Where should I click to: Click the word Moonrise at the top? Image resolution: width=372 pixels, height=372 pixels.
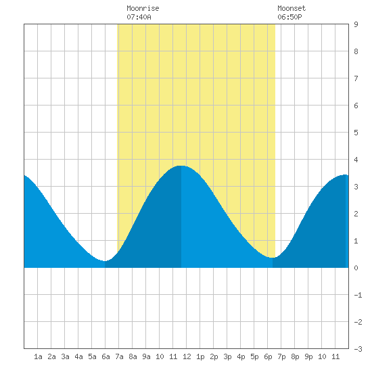(x=143, y=8)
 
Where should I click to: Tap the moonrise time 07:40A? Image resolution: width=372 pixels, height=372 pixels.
(x=139, y=17)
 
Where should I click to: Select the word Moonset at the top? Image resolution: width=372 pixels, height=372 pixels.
(x=292, y=8)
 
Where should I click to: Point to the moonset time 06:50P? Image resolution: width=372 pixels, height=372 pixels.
(x=289, y=17)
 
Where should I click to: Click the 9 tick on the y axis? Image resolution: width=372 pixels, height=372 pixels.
(x=356, y=24)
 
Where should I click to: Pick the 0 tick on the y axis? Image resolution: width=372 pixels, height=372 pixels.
(x=356, y=268)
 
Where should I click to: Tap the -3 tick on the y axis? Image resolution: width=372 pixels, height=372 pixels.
(x=358, y=349)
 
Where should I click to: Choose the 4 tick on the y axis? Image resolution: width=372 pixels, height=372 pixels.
(x=356, y=160)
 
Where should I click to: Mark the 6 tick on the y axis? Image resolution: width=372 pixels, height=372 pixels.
(x=356, y=106)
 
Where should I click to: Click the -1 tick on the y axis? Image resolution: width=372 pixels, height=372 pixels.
(x=358, y=295)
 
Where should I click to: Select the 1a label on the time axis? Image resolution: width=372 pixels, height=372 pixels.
(x=38, y=356)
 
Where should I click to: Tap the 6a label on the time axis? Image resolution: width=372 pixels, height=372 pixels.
(x=106, y=356)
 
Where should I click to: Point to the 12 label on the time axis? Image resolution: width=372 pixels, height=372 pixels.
(x=187, y=356)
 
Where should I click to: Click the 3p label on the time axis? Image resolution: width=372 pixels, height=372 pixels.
(x=227, y=356)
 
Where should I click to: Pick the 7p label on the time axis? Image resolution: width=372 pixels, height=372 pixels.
(x=281, y=356)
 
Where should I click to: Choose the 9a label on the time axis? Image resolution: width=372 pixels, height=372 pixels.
(x=146, y=356)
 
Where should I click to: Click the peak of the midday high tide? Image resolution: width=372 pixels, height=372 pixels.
(x=181, y=166)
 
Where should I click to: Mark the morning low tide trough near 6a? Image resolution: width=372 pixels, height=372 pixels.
(x=105, y=261)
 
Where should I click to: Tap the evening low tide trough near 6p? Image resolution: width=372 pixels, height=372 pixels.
(x=273, y=258)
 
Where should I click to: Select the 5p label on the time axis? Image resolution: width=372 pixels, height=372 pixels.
(x=254, y=356)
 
